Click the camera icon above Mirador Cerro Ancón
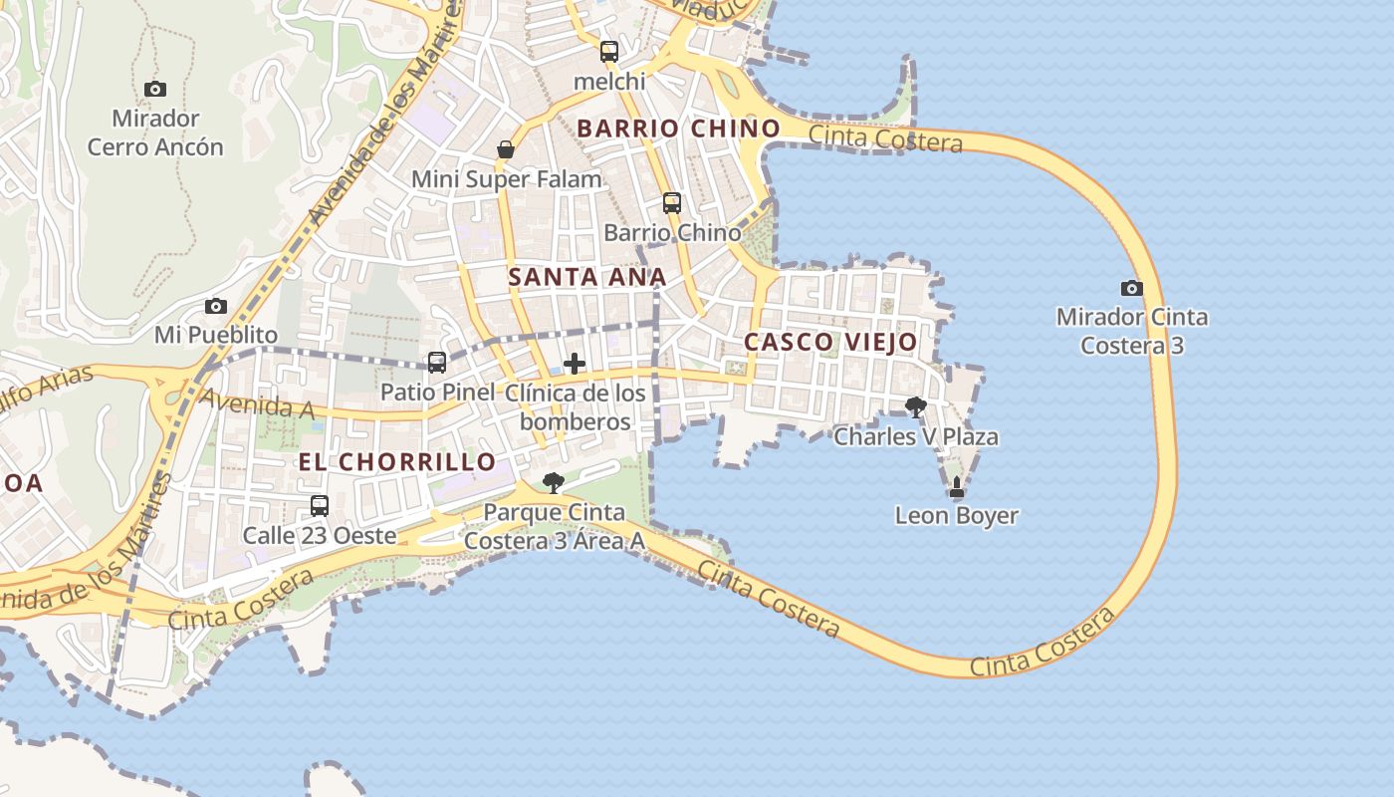[154, 89]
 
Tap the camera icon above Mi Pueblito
[216, 306]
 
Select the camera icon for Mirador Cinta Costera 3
[1131, 288]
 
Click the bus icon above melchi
[609, 51]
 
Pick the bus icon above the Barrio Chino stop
[672, 203]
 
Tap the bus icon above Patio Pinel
[437, 362]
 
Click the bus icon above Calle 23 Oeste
[320, 505]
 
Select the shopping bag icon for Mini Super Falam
[506, 149]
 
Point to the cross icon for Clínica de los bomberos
[575, 364]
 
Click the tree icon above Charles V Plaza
[916, 406]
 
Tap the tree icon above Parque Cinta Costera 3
[554, 483]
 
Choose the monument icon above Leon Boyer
[957, 487]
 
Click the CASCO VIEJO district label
[831, 342]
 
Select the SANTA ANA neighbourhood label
[587, 277]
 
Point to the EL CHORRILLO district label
[397, 461]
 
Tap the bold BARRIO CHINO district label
[678, 128]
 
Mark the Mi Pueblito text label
[216, 334]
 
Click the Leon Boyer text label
[957, 515]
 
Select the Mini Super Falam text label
[507, 179]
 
